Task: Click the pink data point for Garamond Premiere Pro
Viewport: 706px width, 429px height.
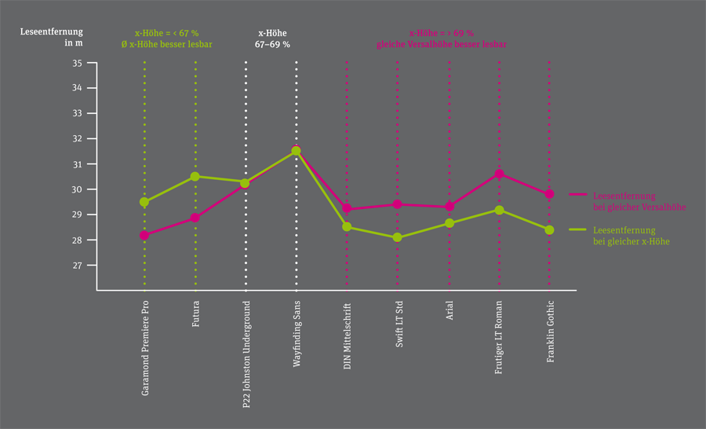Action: (144, 235)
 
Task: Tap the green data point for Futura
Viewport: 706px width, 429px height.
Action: (195, 176)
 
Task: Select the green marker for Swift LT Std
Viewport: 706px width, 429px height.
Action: (397, 237)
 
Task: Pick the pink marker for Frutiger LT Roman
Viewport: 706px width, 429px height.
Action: (499, 174)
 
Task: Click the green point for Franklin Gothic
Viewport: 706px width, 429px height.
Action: (549, 230)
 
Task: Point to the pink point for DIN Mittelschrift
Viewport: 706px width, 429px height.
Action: (347, 209)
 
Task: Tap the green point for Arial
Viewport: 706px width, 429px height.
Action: (449, 223)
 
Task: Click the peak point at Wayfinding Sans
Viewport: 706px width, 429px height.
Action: (296, 151)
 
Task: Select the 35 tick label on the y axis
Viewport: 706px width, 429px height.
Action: (77, 63)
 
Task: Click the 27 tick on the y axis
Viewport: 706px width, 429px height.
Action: (77, 266)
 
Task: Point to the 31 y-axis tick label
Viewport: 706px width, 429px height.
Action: (77, 164)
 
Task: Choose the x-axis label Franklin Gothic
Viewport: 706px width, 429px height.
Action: (550, 331)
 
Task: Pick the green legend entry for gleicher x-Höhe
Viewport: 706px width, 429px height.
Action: (631, 236)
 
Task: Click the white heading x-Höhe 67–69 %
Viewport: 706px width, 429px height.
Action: (273, 39)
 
